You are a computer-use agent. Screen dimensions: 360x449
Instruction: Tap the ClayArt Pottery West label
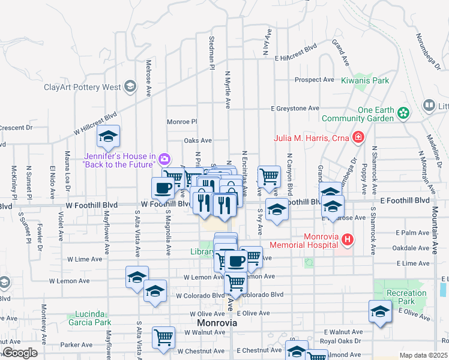point(82,87)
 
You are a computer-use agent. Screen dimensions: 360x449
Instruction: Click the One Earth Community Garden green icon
point(404,112)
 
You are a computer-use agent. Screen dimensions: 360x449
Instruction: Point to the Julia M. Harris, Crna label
point(312,137)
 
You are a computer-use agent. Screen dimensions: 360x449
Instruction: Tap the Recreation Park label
point(406,297)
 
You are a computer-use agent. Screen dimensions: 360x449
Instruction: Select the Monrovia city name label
point(217,323)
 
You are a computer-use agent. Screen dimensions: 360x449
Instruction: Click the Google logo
point(20,353)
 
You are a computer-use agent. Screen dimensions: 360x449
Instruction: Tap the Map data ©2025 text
point(423,355)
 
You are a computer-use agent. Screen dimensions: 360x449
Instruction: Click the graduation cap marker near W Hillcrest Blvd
point(108,137)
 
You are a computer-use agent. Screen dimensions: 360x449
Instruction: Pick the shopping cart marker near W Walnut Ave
point(163,338)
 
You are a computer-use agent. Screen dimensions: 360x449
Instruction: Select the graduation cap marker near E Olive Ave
point(380,312)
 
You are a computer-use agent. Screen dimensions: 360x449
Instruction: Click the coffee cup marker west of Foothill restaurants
point(163,188)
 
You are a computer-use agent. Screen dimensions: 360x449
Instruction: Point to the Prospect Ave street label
point(313,80)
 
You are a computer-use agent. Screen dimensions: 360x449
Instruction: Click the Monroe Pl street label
point(182,121)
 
